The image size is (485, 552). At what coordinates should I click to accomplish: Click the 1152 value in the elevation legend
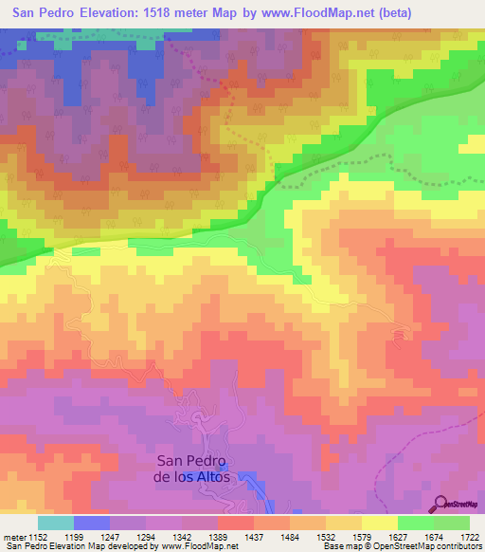(37, 537)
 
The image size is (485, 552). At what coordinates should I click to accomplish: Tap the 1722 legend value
(468, 537)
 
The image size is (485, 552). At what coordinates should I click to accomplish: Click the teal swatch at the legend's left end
(55, 523)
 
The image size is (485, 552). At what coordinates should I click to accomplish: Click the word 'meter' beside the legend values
(12, 537)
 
